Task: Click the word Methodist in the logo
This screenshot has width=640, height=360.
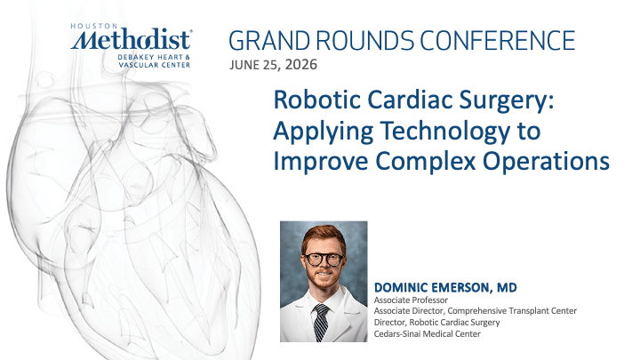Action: pyautogui.click(x=131, y=40)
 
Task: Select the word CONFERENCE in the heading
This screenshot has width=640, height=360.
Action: pyautogui.click(x=498, y=40)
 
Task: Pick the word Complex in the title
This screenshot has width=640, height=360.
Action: pyautogui.click(x=426, y=162)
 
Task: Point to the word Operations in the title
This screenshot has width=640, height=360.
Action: pyautogui.click(x=546, y=162)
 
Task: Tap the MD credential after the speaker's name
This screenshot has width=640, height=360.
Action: pyautogui.click(x=507, y=288)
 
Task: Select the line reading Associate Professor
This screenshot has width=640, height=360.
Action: pyautogui.click(x=411, y=300)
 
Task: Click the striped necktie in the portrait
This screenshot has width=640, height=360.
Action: pyautogui.click(x=321, y=322)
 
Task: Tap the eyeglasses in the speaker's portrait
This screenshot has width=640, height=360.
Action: pyautogui.click(x=324, y=260)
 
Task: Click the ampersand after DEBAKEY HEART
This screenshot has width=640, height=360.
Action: pyautogui.click(x=188, y=57)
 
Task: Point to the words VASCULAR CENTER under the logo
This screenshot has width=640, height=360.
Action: pyautogui.click(x=155, y=65)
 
